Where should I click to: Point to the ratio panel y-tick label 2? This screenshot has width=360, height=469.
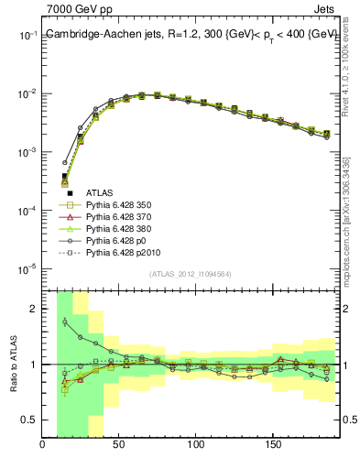pyautogui.click(x=33, y=309)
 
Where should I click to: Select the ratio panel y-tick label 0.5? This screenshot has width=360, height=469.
pyautogui.click(x=28, y=420)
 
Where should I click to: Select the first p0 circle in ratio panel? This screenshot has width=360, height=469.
pyautogui.click(x=64, y=322)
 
